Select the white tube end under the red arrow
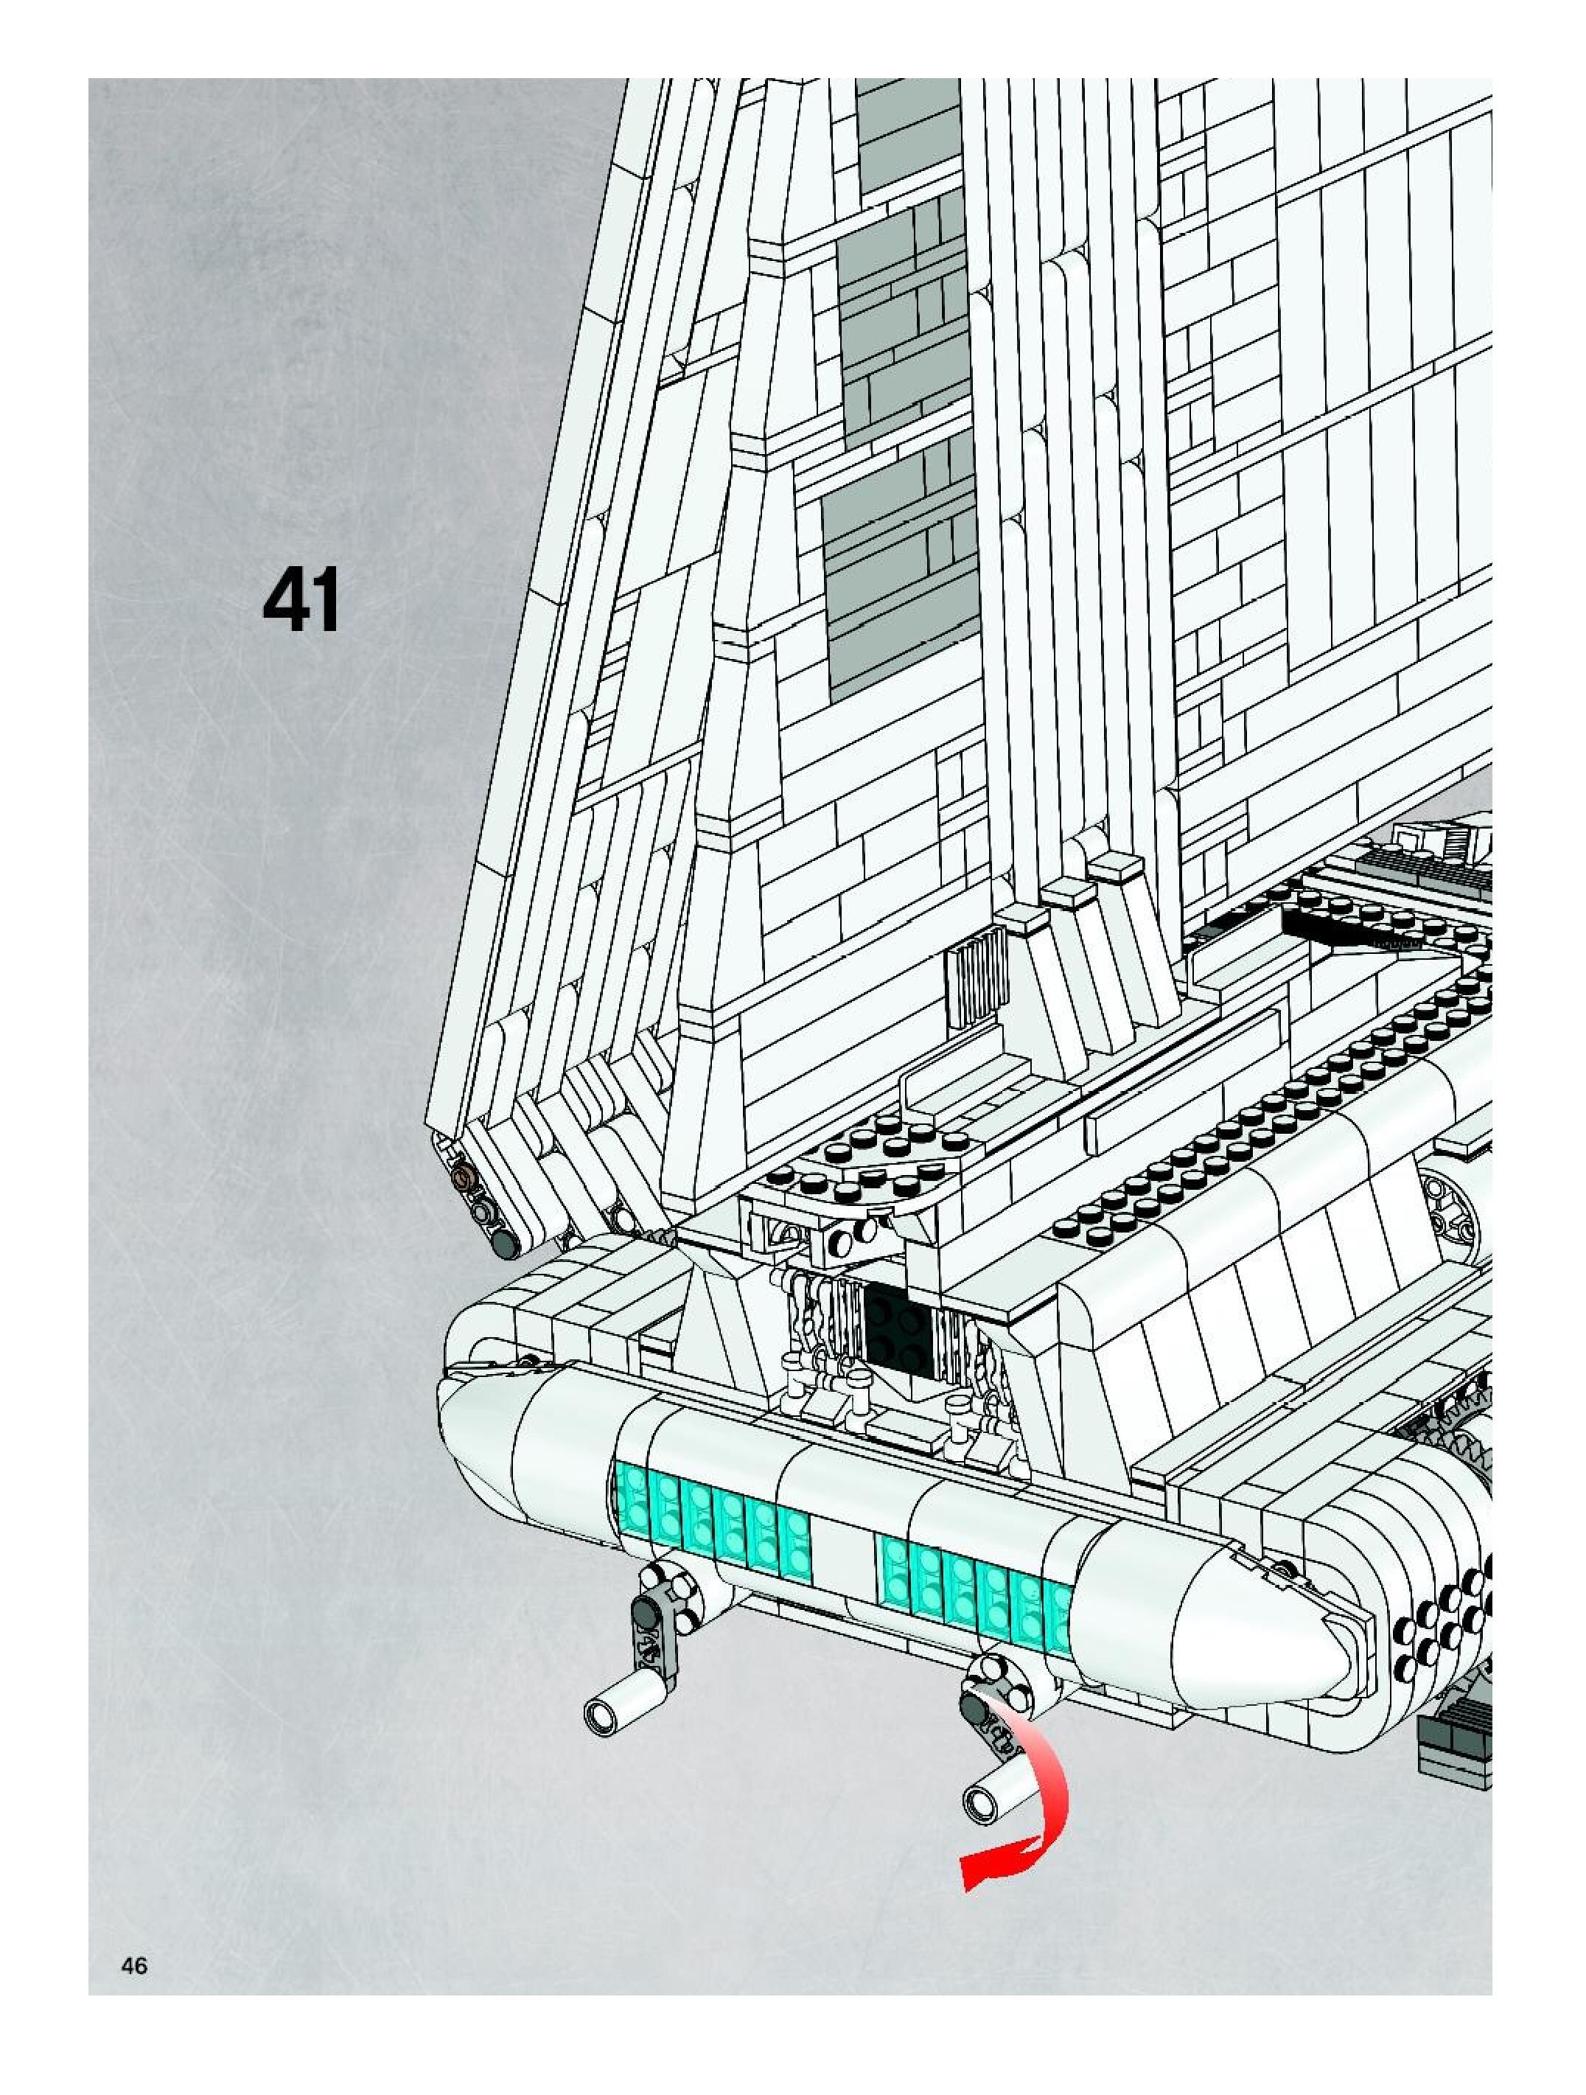tap(984, 1800)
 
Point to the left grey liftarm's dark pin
tap(647, 1609)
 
